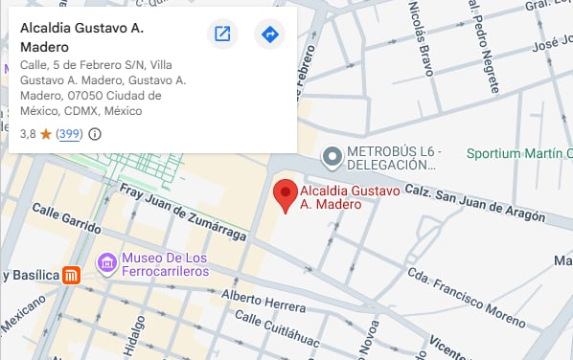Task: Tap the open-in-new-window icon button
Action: pos(222,34)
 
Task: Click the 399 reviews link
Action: pos(68,134)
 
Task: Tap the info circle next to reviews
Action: pos(94,134)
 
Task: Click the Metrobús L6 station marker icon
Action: pos(332,155)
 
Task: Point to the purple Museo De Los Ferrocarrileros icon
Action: pos(107,260)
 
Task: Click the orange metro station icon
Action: pos(71,276)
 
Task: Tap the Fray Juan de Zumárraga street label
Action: pos(182,213)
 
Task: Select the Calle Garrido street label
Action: pos(66,219)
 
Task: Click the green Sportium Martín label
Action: pos(518,153)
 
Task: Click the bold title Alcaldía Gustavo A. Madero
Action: pos(82,37)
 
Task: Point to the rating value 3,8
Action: pos(28,134)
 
